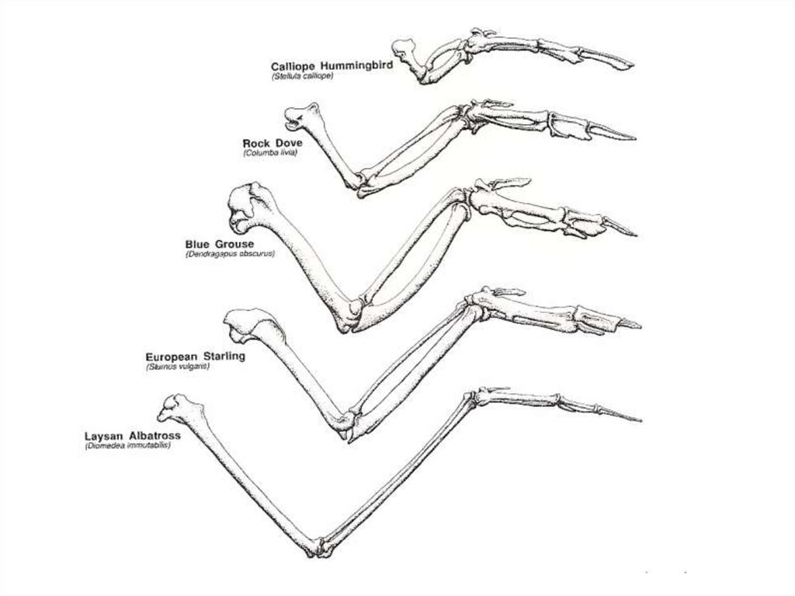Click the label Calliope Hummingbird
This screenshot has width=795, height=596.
click(x=332, y=67)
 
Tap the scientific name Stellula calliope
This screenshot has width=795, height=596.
click(x=303, y=77)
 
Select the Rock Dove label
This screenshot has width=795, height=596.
click(x=273, y=143)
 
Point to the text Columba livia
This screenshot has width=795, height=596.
click(x=270, y=153)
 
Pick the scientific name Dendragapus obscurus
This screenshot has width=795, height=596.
click(x=230, y=254)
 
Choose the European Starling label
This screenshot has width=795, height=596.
click(x=190, y=356)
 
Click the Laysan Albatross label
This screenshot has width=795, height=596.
click(x=132, y=436)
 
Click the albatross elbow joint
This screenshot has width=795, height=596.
click(x=321, y=547)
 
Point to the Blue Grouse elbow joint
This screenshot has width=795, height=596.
click(x=349, y=315)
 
